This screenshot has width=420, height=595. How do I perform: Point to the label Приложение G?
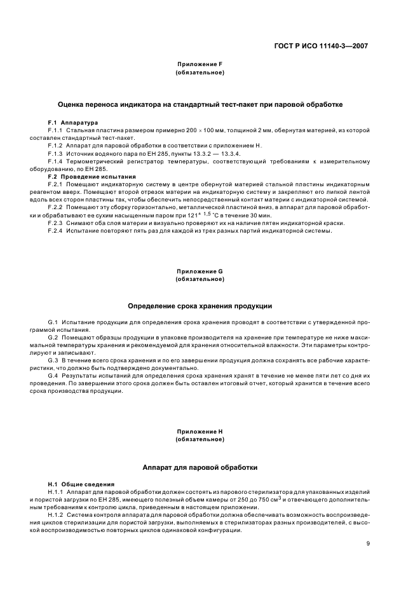(x=200, y=271)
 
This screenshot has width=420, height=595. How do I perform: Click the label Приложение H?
(x=200, y=432)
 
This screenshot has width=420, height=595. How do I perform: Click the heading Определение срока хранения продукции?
(x=200, y=306)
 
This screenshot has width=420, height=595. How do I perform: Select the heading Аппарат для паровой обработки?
(x=200, y=467)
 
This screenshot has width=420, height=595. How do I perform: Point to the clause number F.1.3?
(x=57, y=153)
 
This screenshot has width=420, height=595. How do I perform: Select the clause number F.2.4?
(x=57, y=231)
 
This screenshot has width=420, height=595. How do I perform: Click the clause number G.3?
(x=53, y=360)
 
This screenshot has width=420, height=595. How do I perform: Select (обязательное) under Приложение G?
(x=200, y=278)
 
